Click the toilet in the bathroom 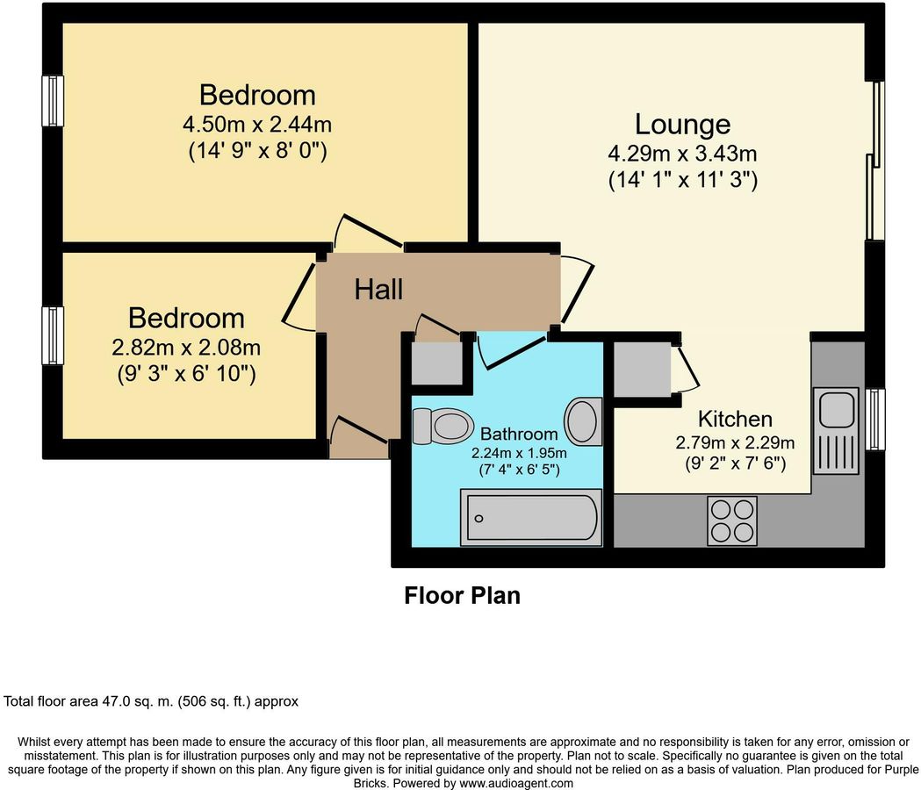click(443, 427)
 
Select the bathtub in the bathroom click(530, 518)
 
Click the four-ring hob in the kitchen click(732, 521)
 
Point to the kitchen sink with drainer click(837, 431)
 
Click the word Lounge click(682, 124)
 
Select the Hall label click(378, 289)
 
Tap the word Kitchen click(735, 419)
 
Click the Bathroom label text click(519, 434)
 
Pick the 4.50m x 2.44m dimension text click(257, 124)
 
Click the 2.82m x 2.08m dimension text click(186, 348)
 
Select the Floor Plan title click(462, 596)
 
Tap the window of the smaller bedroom click(54, 334)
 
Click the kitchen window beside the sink click(874, 420)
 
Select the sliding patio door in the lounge click(874, 161)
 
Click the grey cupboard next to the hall click(435, 363)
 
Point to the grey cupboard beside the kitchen click(641, 370)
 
